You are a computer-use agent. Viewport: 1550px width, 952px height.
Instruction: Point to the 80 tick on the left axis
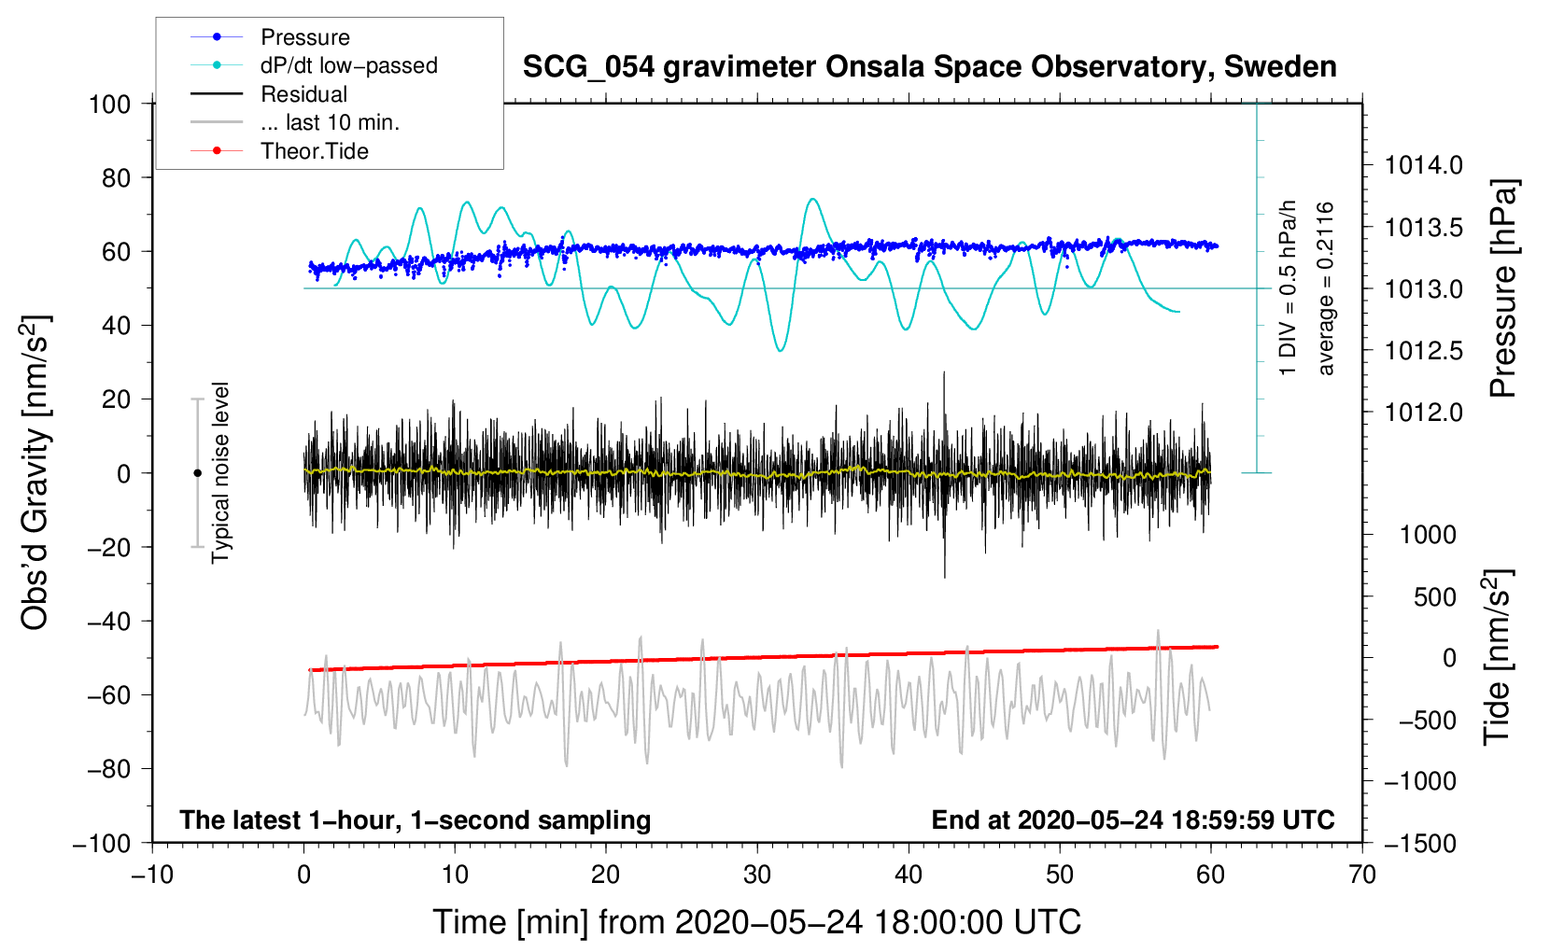116,178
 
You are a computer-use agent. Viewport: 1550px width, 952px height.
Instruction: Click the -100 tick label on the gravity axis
102,844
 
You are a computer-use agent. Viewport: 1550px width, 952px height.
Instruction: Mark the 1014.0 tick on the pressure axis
1423,165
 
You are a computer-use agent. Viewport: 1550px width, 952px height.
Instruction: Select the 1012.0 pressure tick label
1423,413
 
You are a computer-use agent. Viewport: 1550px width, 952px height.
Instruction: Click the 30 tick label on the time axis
757,875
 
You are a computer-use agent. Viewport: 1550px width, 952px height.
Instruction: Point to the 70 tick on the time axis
1361,875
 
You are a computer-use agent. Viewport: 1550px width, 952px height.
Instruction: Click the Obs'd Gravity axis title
35,472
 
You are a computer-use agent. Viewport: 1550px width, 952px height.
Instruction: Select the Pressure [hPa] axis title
1502,288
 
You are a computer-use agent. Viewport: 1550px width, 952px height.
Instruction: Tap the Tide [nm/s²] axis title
1498,657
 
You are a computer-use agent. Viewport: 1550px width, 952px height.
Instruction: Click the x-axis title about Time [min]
757,922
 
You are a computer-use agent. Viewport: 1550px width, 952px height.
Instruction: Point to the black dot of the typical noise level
197,473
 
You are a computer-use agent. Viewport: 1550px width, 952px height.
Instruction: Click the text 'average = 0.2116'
1325,288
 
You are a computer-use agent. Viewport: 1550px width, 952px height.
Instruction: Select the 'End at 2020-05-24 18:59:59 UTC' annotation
1133,819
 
